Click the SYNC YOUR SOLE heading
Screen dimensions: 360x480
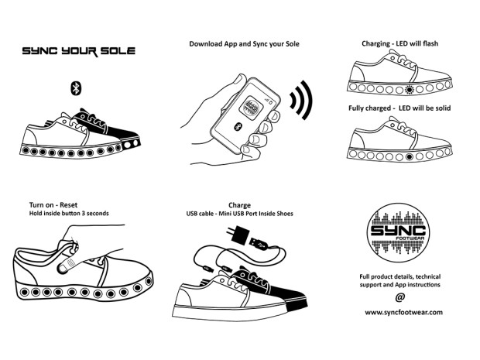click(78, 50)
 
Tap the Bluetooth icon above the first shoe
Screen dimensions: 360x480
click(76, 86)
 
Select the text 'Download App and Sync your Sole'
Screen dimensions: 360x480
click(244, 43)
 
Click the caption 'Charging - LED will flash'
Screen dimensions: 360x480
click(399, 43)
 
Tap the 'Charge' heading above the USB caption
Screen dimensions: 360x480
click(238, 205)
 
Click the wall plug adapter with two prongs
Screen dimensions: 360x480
click(233, 233)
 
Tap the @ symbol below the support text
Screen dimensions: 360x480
click(400, 298)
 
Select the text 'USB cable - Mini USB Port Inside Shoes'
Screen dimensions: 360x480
click(239, 214)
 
